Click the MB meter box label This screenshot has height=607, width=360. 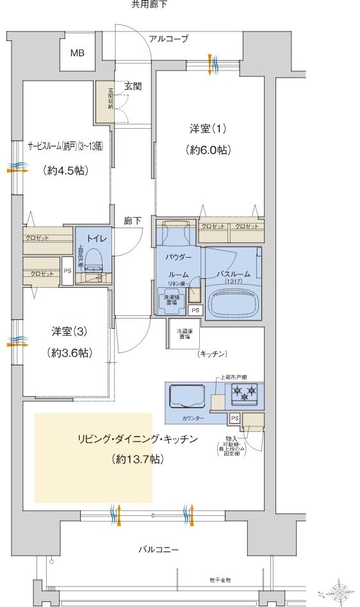point(77,53)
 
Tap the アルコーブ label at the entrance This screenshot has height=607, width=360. point(168,39)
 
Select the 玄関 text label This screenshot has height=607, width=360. point(133,86)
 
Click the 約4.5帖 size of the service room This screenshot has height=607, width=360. point(66,170)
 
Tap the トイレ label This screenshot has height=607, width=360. point(95,238)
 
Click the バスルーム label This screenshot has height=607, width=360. point(233,274)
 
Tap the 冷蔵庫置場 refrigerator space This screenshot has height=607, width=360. point(184,335)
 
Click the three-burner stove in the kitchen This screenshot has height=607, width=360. point(244,392)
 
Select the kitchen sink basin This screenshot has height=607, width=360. point(186,395)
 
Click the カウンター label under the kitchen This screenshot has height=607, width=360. point(193,418)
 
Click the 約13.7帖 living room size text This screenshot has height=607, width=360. point(136,459)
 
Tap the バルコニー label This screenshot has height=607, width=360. point(158,549)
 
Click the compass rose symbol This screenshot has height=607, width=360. point(340,590)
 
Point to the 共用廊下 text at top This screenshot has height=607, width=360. point(149,4)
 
